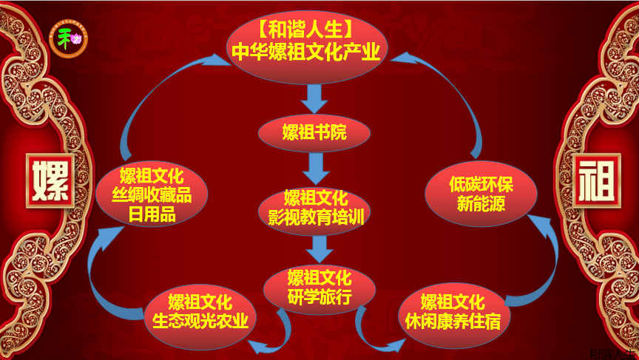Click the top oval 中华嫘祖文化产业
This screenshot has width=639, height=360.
(x=305, y=44)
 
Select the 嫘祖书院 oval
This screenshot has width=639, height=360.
(x=314, y=133)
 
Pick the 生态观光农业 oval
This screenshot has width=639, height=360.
(x=200, y=313)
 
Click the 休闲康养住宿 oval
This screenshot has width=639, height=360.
(x=453, y=313)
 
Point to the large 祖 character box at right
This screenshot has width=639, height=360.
(x=596, y=180)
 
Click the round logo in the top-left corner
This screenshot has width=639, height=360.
(x=68, y=38)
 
